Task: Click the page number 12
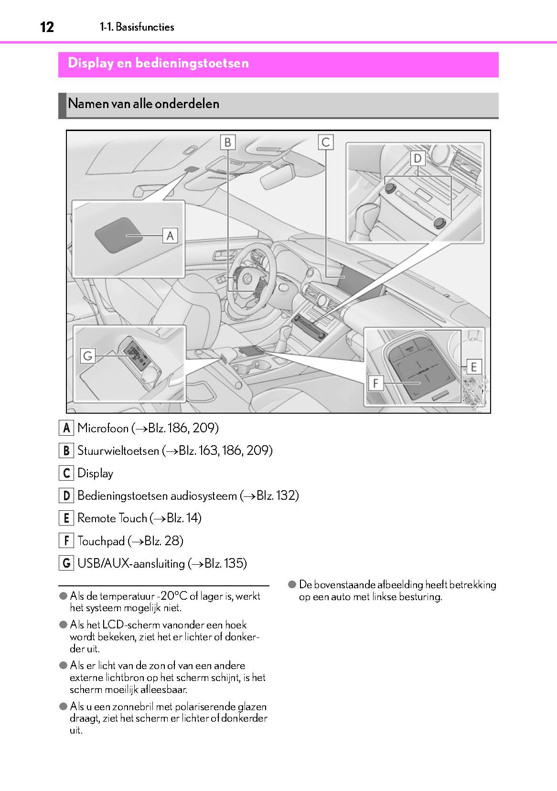(x=47, y=27)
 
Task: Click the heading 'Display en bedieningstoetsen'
(x=158, y=63)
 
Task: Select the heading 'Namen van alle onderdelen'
(x=143, y=104)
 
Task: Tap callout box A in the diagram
(x=170, y=235)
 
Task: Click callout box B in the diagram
(x=228, y=142)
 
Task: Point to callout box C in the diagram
(x=326, y=142)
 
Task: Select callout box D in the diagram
(x=418, y=158)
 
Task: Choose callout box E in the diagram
(x=473, y=367)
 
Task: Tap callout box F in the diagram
(x=375, y=383)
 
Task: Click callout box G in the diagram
(x=88, y=356)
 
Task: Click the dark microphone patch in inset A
(x=118, y=235)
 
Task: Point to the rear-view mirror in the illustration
(x=277, y=176)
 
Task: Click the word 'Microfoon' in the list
(x=103, y=428)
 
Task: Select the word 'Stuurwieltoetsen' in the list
(x=118, y=450)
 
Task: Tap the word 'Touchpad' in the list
(x=101, y=541)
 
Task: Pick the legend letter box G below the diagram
(x=66, y=563)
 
